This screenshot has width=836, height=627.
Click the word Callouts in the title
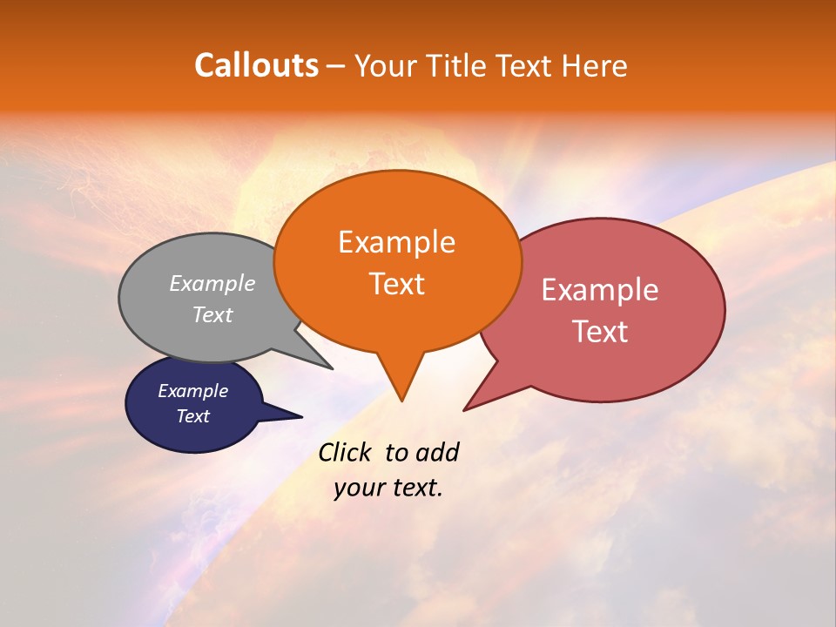(256, 65)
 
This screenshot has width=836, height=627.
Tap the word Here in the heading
(593, 65)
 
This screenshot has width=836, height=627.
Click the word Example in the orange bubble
(396, 242)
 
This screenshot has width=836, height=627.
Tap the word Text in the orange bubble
(397, 284)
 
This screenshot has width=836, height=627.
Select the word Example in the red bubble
(600, 290)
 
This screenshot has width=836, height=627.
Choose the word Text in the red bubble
(600, 332)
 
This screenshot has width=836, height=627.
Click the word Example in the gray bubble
(212, 284)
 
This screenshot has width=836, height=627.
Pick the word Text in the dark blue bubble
(193, 416)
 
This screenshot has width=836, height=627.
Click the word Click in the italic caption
(346, 452)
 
